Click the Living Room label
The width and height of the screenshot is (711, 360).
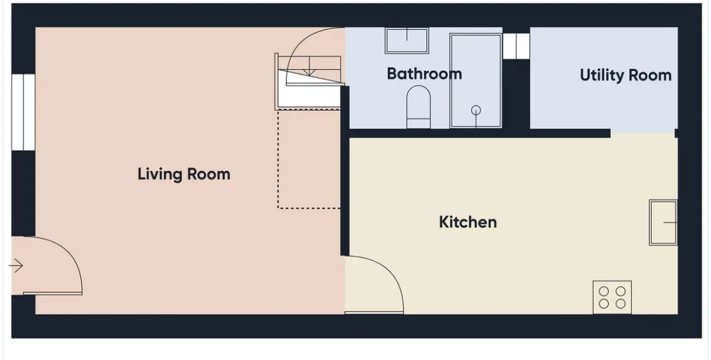point(184,174)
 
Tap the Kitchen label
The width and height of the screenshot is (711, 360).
point(468,222)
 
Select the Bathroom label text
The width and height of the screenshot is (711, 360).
point(424,73)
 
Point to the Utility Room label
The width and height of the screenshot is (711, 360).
point(626,75)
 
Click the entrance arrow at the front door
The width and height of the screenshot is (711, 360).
point(16,265)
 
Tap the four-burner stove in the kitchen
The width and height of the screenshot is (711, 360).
point(612,297)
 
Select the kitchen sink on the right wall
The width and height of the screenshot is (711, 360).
point(663,223)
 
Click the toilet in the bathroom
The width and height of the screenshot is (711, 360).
point(418,107)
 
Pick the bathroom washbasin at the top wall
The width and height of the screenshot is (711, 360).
point(406,41)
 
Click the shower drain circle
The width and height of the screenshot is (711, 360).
point(475,110)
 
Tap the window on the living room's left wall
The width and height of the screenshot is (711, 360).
point(23,112)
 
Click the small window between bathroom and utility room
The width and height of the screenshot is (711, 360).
point(516,46)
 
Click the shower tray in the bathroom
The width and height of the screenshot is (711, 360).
point(475,81)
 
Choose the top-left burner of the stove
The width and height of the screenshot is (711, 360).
point(604,291)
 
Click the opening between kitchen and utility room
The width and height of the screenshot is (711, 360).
point(643,133)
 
